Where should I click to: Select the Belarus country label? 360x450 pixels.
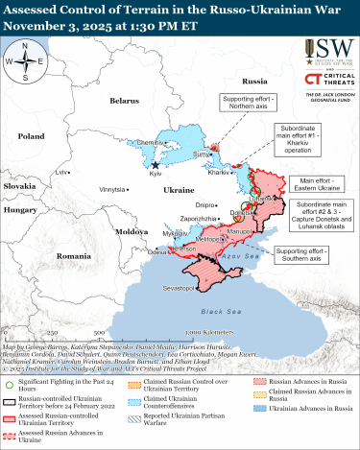coord(124,100)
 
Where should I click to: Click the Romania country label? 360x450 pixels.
coord(73,257)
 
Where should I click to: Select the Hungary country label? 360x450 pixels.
coord(19,208)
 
